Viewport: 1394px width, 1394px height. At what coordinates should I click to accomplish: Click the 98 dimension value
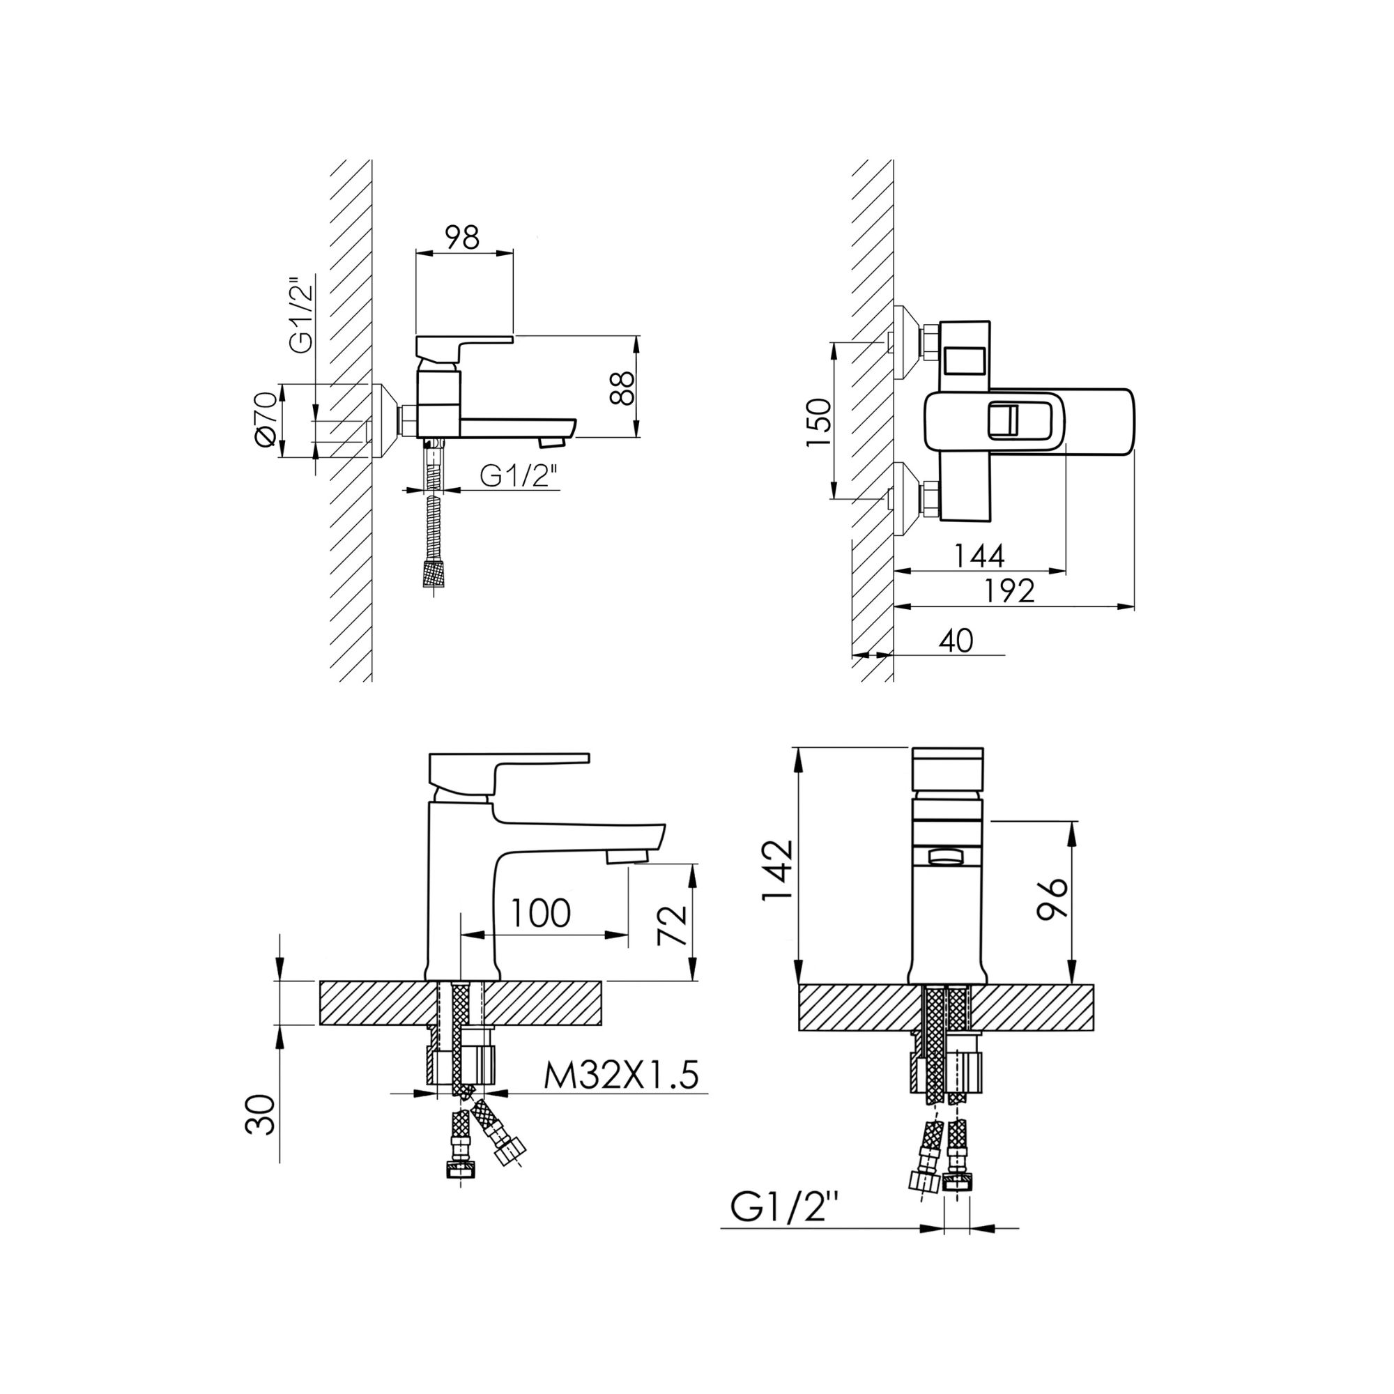tap(463, 237)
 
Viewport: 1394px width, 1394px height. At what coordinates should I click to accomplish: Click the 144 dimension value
tap(979, 555)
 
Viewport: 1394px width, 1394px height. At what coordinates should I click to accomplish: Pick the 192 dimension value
tap(1009, 590)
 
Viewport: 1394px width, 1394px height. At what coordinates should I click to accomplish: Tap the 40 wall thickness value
tap(957, 640)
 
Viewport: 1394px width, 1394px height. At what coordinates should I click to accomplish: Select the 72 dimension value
tap(673, 925)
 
